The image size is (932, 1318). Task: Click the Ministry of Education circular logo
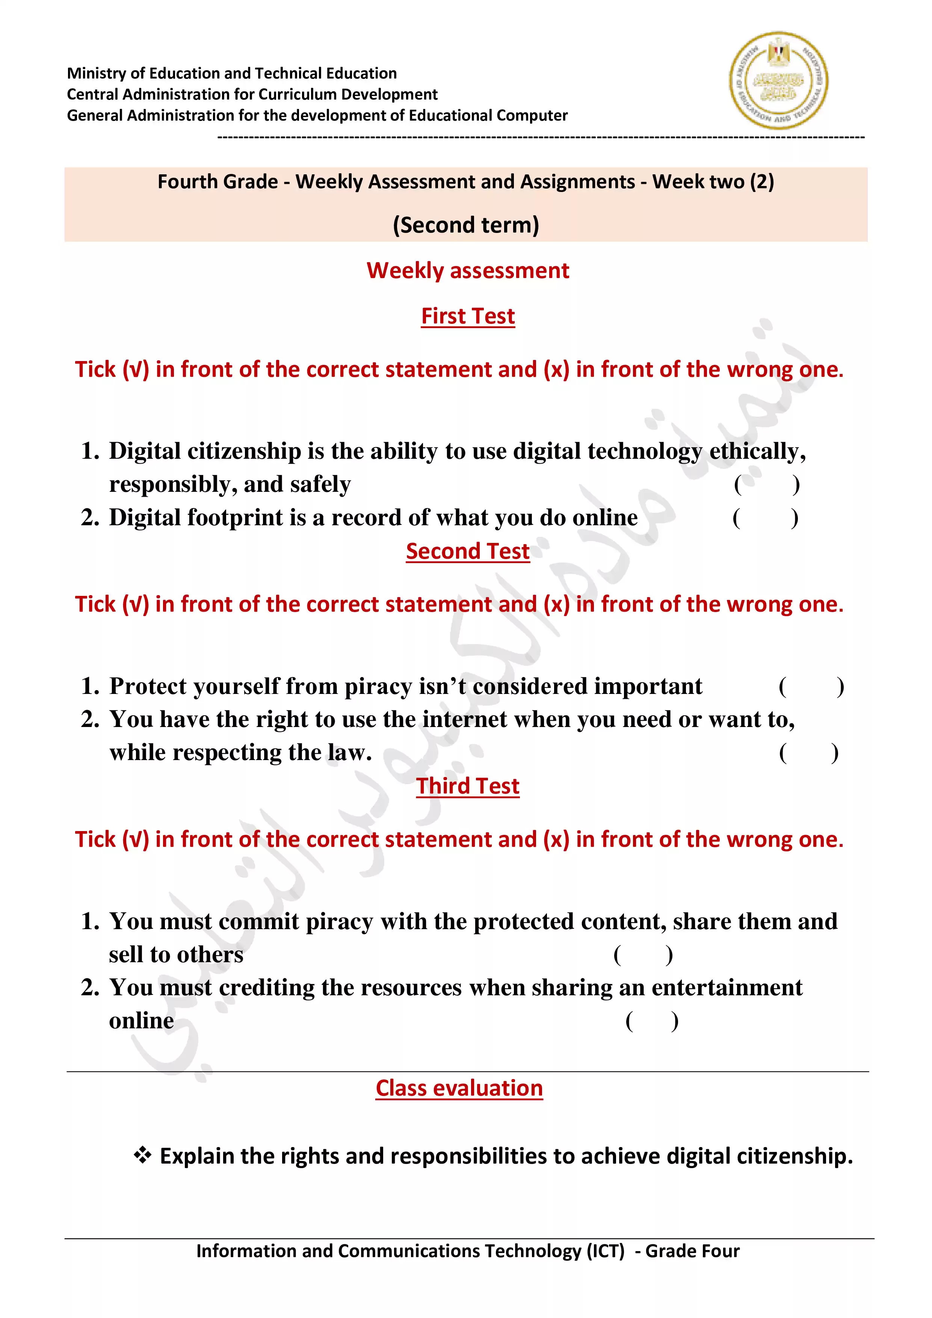[x=778, y=80]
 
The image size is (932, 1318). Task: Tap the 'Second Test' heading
[x=468, y=551]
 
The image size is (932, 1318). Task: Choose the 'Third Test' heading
[x=468, y=786]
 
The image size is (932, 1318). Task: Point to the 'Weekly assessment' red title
[x=468, y=271]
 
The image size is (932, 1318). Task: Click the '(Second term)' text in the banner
[x=466, y=225]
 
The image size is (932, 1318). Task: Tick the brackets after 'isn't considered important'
[x=811, y=686]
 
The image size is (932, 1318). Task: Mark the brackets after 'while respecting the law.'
[x=809, y=753]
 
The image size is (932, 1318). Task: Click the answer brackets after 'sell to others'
[x=643, y=955]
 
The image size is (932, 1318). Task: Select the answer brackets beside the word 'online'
[x=652, y=1021]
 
